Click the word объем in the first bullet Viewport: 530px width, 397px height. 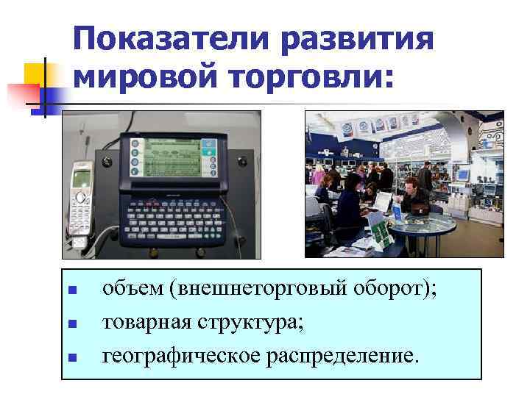pos(132,289)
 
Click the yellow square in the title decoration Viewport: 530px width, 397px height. pos(36,75)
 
